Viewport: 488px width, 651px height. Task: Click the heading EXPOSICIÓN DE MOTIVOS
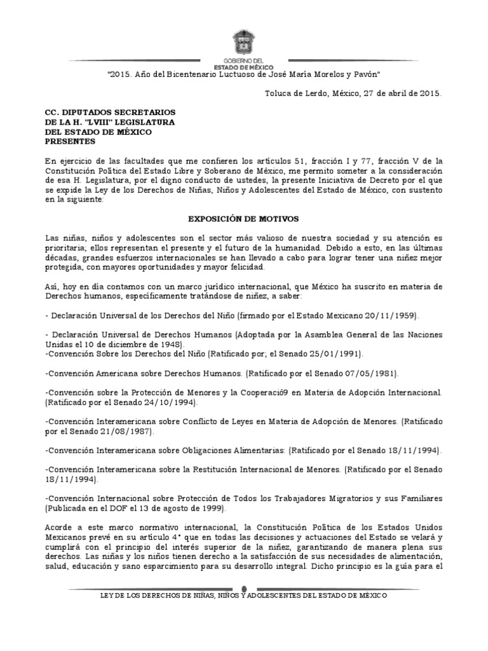click(x=243, y=219)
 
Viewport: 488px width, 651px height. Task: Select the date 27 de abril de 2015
click(x=400, y=93)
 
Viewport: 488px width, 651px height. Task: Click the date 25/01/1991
click(x=335, y=353)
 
